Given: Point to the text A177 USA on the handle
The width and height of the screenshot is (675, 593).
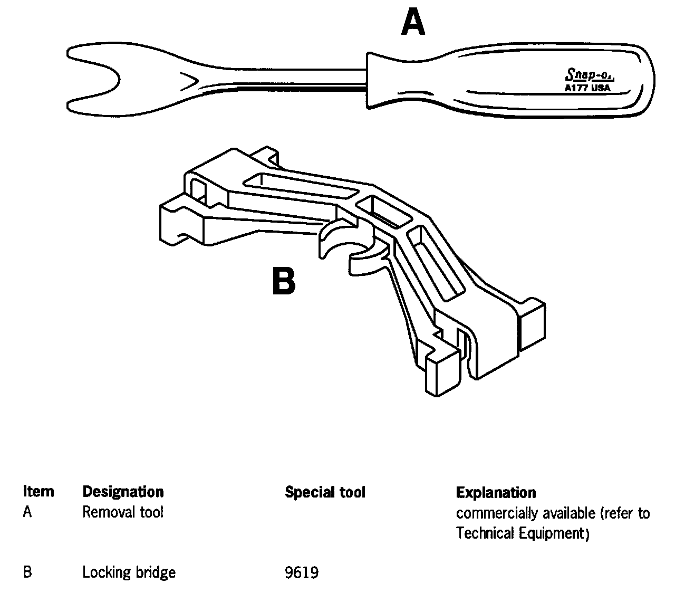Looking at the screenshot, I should [x=584, y=88].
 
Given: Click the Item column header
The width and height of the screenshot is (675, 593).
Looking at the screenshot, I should [x=38, y=492].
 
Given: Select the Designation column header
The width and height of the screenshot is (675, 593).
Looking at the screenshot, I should [x=123, y=492].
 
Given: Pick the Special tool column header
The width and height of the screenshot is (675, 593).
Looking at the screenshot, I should [x=325, y=492].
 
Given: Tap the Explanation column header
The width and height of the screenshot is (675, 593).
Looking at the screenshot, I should [x=496, y=492].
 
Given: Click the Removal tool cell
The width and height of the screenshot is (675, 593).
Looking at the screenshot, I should [x=123, y=512].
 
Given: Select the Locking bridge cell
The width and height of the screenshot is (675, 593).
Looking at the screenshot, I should [x=129, y=572].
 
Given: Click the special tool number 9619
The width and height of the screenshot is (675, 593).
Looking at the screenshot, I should [x=301, y=572].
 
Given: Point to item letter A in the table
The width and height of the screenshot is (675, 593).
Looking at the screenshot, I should [x=27, y=512].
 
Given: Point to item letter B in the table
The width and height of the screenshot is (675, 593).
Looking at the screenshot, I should [x=27, y=572].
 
